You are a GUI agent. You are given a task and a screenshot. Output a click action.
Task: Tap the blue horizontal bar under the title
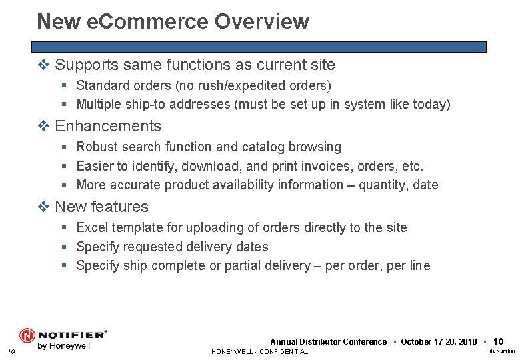259,47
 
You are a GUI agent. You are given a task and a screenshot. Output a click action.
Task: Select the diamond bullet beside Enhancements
45,126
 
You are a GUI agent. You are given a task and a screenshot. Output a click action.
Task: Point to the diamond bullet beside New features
45,207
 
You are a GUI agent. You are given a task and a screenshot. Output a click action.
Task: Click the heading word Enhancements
108,126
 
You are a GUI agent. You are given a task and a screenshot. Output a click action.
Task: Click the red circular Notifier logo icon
27,335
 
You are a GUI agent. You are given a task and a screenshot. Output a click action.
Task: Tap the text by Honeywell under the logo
64,346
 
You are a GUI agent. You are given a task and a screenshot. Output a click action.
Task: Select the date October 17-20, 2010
439,342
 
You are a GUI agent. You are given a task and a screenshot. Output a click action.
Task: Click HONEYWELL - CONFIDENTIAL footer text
259,351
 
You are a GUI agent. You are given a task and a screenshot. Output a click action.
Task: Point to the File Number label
500,351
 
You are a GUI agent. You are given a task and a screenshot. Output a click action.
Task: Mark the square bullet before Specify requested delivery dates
64,247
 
